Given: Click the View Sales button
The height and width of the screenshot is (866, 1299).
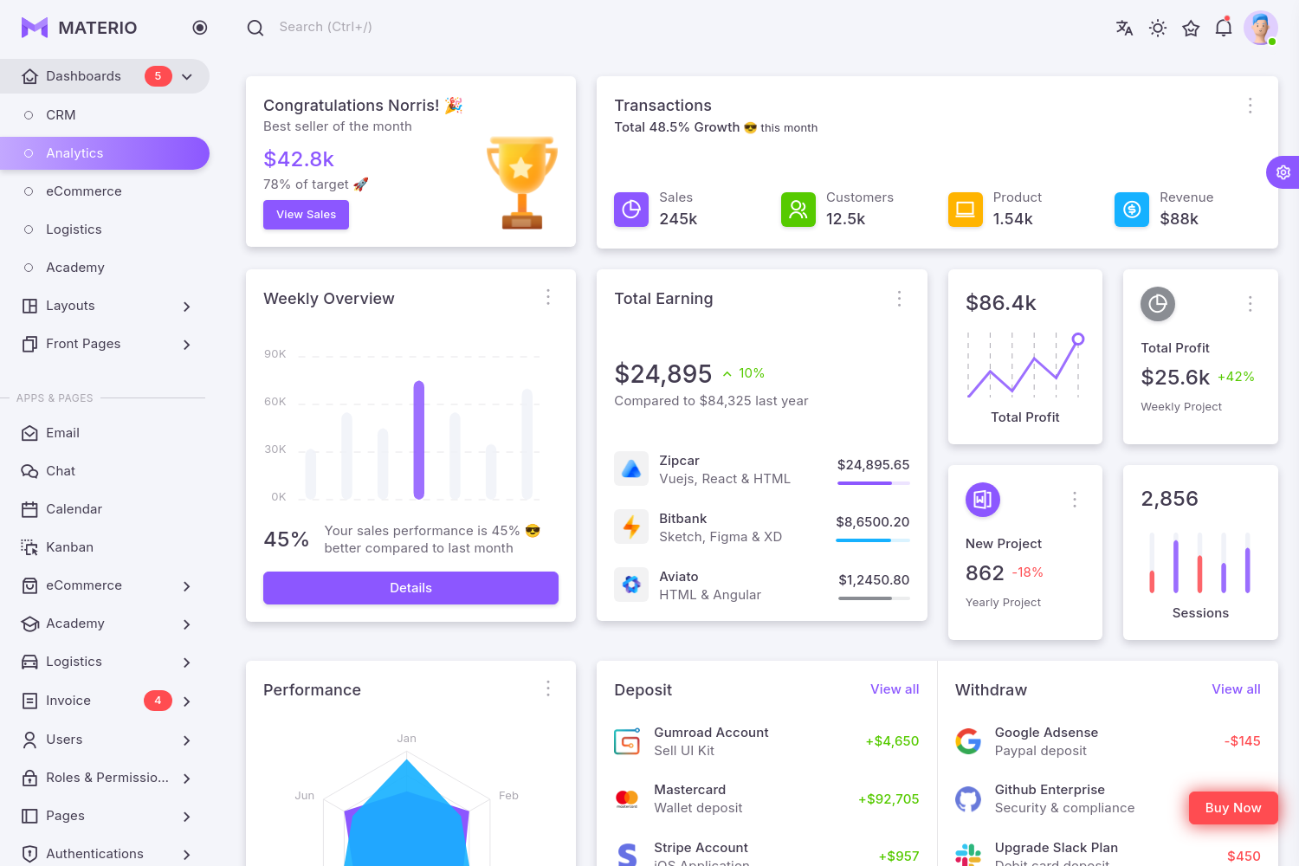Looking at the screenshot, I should coord(306,215).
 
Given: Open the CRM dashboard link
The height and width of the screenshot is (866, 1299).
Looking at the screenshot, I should coord(61,115).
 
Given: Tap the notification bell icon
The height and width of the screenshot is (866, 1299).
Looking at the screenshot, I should coord(1223,28).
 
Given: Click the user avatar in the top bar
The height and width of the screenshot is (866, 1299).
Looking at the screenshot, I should coord(1260,28).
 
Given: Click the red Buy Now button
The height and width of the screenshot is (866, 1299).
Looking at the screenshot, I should coord(1232,808).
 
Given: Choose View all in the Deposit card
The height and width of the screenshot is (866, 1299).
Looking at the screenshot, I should coord(894,689).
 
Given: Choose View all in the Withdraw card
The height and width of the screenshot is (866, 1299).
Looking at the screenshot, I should coord(1236,689).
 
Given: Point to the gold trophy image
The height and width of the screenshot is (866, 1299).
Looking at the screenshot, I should coord(521,182).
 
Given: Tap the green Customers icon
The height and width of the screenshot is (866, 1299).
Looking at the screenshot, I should coord(798,210).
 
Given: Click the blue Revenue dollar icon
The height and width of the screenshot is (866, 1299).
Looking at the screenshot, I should coord(1131,210).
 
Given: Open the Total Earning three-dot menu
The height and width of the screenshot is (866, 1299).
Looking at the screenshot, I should coord(899,299).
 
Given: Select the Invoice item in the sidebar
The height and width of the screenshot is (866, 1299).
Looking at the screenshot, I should coord(68,701).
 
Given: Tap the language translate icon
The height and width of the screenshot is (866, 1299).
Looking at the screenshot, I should coord(1124,28).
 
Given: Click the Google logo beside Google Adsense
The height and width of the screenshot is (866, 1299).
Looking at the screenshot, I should coord(968,741).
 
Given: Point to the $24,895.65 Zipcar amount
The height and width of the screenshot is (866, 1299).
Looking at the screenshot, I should coord(873,465).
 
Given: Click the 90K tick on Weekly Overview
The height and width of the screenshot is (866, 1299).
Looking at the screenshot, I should coord(275,354).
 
